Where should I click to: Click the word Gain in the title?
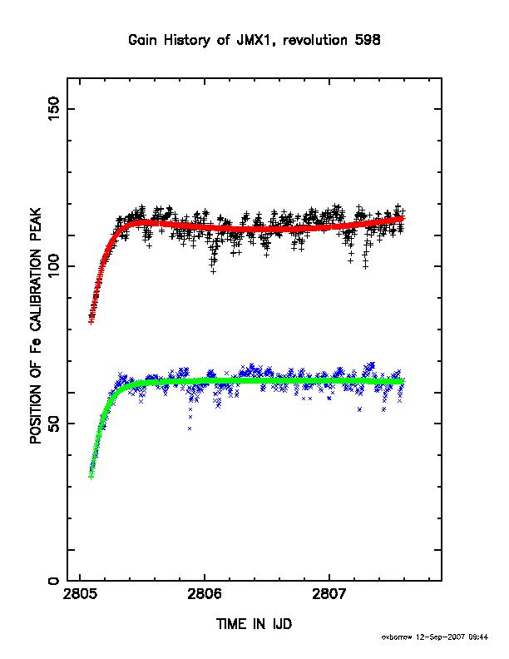click(x=142, y=40)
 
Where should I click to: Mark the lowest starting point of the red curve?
click(x=91, y=321)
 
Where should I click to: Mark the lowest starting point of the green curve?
click(x=91, y=476)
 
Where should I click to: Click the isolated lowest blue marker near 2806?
click(x=190, y=428)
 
